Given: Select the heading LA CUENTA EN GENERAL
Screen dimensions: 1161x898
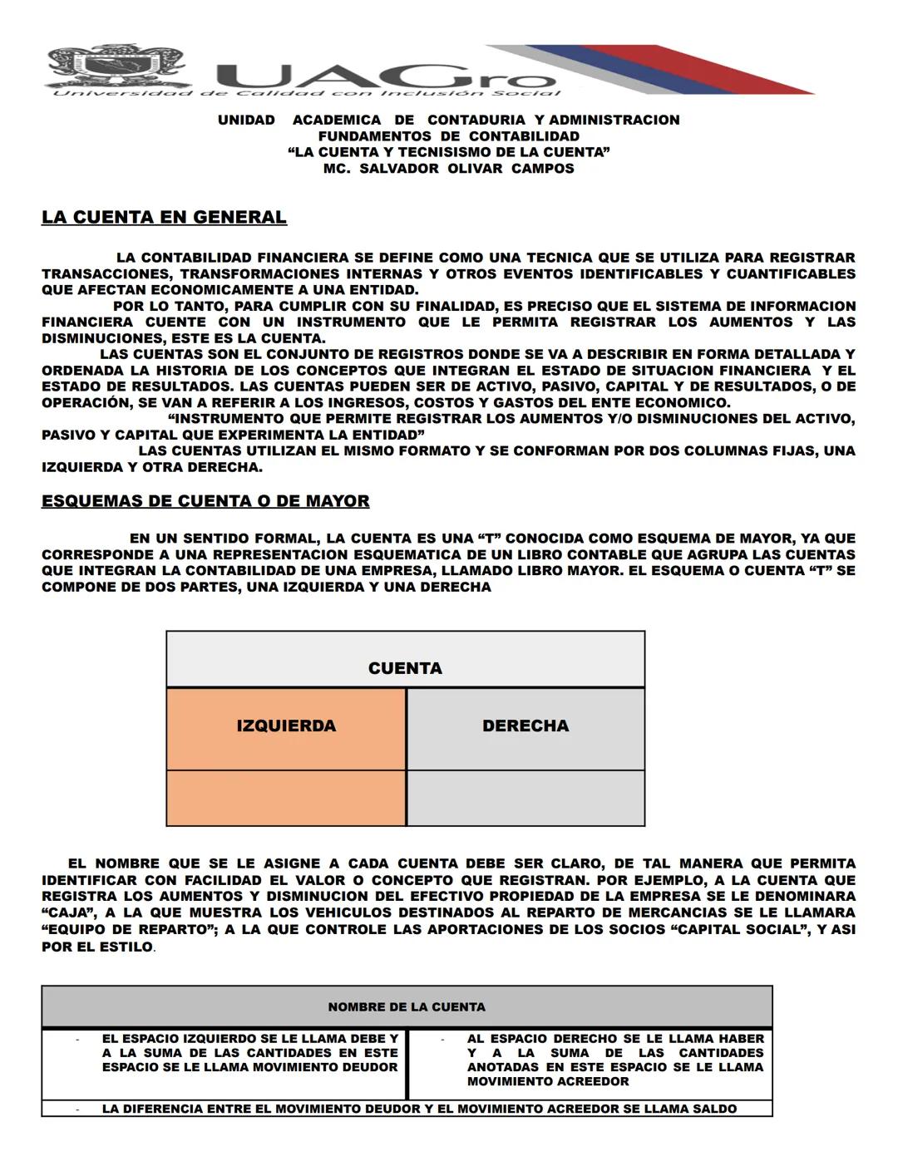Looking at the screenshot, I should click(x=164, y=218).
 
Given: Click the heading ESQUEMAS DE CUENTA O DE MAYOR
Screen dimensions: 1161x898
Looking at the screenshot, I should click(x=205, y=501).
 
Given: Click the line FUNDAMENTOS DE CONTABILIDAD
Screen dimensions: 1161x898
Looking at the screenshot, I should click(x=448, y=136).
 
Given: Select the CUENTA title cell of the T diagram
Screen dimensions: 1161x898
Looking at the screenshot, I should click(x=405, y=668).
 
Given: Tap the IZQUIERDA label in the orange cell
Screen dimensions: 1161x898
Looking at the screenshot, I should click(x=286, y=726).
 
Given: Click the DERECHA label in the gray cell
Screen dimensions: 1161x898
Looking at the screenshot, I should click(x=525, y=726).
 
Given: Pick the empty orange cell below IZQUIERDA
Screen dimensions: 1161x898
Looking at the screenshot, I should click(x=286, y=798).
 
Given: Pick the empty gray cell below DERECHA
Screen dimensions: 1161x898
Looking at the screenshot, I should click(x=525, y=798).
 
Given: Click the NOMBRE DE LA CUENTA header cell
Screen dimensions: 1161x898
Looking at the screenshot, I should click(x=407, y=1007).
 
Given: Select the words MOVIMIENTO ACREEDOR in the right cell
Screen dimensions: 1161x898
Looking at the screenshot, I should click(x=548, y=1082).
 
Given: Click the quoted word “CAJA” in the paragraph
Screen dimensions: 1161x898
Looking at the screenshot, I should click(x=67, y=913).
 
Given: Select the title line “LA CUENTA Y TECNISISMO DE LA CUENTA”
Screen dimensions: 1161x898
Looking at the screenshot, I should click(x=448, y=152).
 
